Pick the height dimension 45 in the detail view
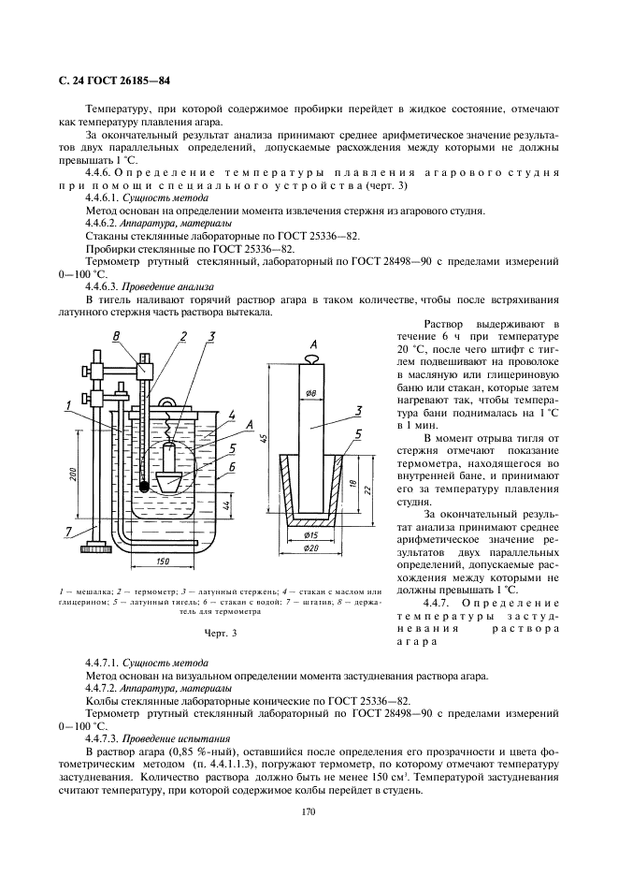(x=266, y=439)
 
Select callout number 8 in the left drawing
(x=116, y=337)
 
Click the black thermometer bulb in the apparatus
(x=143, y=487)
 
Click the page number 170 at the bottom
(x=309, y=811)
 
